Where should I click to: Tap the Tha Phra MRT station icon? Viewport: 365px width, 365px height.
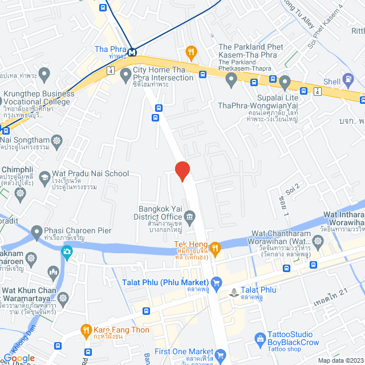132,52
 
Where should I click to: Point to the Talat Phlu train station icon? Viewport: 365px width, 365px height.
233,293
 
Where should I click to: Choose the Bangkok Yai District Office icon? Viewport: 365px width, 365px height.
190,216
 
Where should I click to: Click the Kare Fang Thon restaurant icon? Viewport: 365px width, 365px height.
86,330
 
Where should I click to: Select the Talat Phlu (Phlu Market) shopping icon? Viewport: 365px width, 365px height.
216,282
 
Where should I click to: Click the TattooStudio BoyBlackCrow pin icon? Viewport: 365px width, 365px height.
260,339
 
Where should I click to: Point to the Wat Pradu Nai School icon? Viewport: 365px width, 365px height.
44,179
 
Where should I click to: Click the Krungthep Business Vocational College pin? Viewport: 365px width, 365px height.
46,74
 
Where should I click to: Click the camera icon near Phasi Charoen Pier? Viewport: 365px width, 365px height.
67,251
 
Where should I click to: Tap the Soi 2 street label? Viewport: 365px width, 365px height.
293,188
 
